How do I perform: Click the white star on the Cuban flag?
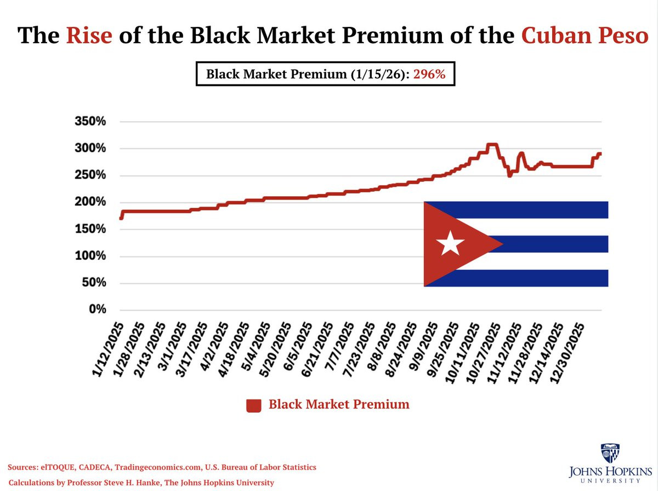451,243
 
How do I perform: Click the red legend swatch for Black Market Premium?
253,406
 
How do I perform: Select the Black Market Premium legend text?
339,405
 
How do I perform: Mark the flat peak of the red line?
492,145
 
